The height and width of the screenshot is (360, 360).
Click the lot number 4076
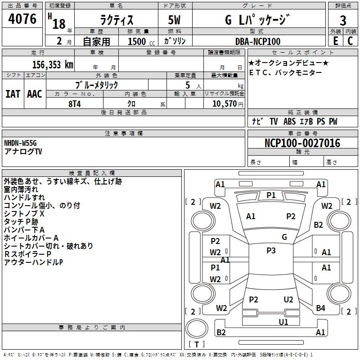pos(22,19)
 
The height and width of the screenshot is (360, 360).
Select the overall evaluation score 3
pos(343,20)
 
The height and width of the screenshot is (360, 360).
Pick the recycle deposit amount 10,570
pos(224,103)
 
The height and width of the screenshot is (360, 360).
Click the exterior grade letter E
pos(335,41)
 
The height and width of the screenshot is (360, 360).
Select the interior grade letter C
pos(350,41)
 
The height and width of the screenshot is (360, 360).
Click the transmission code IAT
pos(13,94)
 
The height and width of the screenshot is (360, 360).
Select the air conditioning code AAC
pos(35,94)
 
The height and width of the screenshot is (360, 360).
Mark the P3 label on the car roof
pos(271,251)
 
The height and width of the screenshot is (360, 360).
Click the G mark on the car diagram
pos(284,237)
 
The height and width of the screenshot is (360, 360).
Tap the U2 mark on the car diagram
pos(288,300)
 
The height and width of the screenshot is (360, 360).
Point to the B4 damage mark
pos(320,308)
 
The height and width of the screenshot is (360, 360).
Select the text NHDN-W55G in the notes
pos(20,143)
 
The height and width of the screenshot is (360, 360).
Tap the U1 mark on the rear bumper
pos(283,322)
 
